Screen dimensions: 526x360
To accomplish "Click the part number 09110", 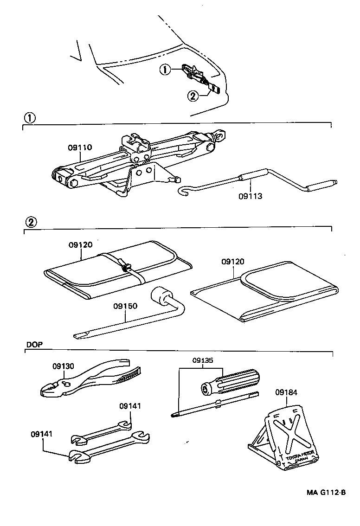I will [80, 148].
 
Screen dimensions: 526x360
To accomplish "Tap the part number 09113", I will [251, 196].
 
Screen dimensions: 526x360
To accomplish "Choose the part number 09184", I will [286, 392].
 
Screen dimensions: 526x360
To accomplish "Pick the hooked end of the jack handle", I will [184, 191].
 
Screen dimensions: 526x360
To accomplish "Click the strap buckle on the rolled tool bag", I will [125, 268].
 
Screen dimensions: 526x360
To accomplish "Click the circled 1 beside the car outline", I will [164, 69].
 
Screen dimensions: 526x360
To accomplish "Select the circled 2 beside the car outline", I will [192, 96].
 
